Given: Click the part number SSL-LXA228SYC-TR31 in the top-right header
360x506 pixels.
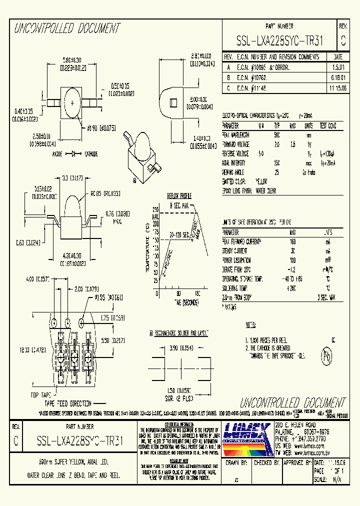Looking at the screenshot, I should pos(279,41).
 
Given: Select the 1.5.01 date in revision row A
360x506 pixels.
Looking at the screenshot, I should pos(338,66).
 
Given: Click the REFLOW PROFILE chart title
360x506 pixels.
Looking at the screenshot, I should pos(179,196).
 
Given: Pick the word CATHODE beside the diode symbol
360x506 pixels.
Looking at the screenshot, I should pos(91,153).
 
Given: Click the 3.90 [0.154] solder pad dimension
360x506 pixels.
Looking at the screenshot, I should pos(181,347).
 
